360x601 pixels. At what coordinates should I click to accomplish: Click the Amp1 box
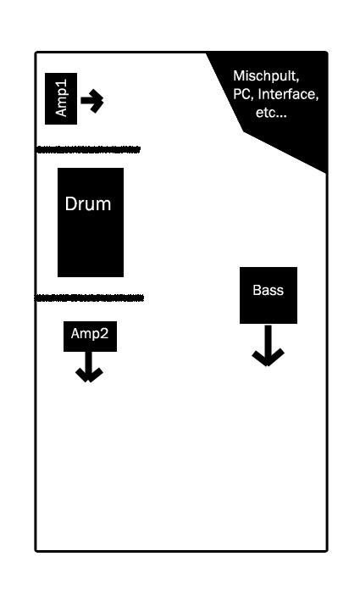tap(61, 98)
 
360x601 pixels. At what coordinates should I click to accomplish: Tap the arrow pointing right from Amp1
tap(92, 101)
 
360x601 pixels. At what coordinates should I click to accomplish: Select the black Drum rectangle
tap(91, 222)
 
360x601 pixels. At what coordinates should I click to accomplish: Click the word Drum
tap(88, 203)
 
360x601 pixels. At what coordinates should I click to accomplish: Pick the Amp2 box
tap(90, 337)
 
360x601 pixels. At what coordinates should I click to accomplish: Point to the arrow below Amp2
tap(89, 367)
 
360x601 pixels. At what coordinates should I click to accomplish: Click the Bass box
tap(269, 295)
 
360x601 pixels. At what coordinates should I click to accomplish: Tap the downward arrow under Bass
tap(268, 345)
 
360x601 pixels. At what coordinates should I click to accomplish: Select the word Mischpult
tap(266, 76)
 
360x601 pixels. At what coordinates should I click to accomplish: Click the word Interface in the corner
tap(288, 94)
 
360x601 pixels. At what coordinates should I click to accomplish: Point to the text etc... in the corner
tap(271, 113)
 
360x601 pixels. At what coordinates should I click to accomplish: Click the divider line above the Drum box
tap(88, 149)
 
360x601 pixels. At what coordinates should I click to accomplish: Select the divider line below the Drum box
tap(89, 298)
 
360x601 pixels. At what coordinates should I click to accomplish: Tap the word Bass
tap(268, 290)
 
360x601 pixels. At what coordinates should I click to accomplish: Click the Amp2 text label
tap(90, 333)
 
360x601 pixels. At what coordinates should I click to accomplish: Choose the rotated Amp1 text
tap(61, 97)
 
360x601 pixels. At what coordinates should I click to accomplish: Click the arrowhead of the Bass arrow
tap(268, 358)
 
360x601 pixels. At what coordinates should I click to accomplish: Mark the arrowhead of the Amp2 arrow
tap(89, 376)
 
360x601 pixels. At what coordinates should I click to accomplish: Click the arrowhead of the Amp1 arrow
tap(97, 101)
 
